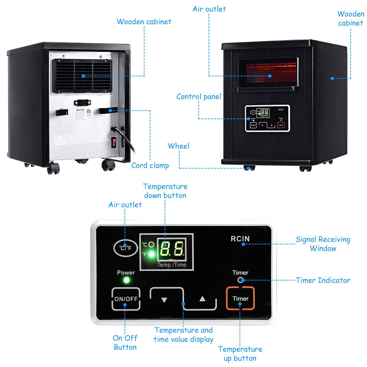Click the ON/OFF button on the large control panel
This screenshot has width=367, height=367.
(x=126, y=299)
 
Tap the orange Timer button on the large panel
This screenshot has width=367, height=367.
(x=240, y=298)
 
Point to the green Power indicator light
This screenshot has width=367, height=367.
(x=126, y=280)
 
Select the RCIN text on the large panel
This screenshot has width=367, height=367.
(x=240, y=239)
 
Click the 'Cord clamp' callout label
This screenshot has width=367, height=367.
(x=150, y=165)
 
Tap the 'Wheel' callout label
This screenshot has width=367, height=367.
(x=178, y=146)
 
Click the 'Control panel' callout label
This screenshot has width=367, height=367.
(x=198, y=97)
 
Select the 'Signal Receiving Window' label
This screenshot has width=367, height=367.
(x=323, y=244)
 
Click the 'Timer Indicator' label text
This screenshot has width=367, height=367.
(x=323, y=280)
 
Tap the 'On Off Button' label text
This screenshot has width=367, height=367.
(x=125, y=342)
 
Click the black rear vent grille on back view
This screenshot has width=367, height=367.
(x=82, y=75)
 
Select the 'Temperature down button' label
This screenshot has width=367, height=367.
(x=165, y=191)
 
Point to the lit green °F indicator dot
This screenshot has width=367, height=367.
(x=151, y=254)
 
